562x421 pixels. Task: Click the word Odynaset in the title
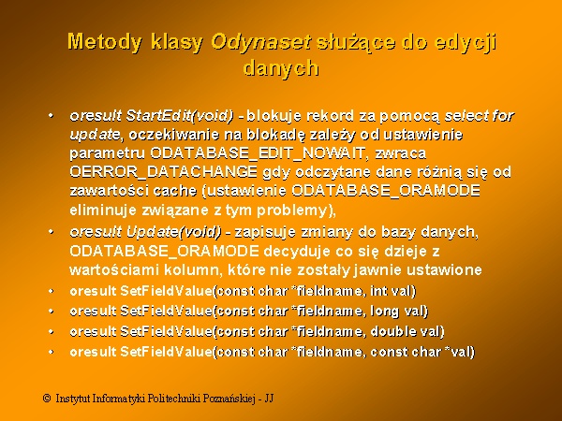point(260,43)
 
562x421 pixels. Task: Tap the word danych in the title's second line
point(281,68)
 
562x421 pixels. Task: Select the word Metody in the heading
point(104,43)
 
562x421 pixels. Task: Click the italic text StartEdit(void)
point(180,116)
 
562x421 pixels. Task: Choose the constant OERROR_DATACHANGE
point(163,172)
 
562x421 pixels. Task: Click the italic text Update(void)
point(174,232)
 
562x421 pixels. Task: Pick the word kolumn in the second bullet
point(188,269)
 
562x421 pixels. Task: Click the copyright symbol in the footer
point(47,399)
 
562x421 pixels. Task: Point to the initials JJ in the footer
point(269,399)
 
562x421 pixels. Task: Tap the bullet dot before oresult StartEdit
point(51,116)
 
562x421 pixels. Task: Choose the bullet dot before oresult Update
point(51,232)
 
